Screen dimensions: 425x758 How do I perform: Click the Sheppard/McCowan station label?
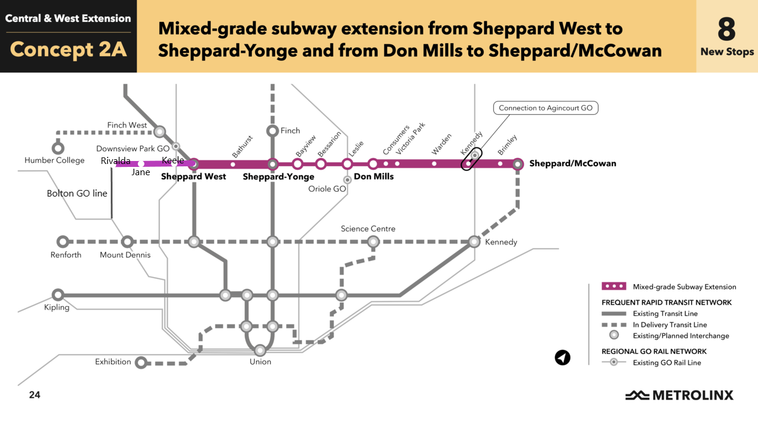click(x=572, y=163)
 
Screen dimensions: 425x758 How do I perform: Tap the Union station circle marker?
click(x=259, y=350)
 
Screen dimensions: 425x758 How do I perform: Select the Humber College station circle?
click(x=58, y=148)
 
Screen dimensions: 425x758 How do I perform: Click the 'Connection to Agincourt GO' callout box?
click(x=545, y=108)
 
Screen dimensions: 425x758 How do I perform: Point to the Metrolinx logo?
click(x=679, y=395)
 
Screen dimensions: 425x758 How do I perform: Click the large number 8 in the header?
click(x=727, y=28)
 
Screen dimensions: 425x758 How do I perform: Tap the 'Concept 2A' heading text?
click(x=69, y=50)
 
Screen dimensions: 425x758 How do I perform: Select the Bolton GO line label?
click(x=77, y=194)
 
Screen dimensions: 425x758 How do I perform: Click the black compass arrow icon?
click(x=562, y=358)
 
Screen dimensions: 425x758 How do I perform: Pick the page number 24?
click(x=34, y=395)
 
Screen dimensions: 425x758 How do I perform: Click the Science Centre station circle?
click(x=373, y=242)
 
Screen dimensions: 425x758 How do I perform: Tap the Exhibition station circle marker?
click(x=141, y=362)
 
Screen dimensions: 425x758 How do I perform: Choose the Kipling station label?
click(x=57, y=307)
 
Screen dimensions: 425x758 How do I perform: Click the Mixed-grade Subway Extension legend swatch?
click(x=614, y=286)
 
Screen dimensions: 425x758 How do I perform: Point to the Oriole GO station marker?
click(x=348, y=179)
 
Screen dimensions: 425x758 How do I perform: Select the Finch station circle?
click(x=272, y=131)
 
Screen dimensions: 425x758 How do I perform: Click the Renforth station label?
click(x=66, y=255)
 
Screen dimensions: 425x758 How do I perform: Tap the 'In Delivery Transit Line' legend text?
click(x=670, y=324)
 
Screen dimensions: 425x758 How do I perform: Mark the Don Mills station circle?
click(x=373, y=164)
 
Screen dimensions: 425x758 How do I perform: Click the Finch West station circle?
click(x=159, y=132)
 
